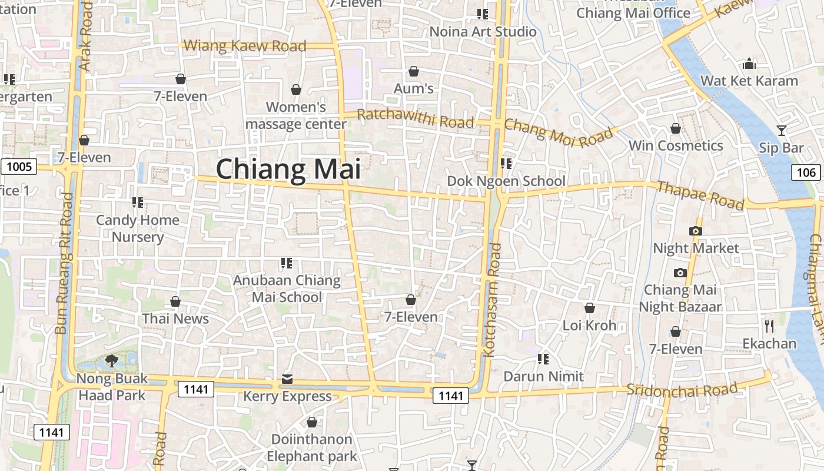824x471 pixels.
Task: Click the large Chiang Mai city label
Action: [288, 170]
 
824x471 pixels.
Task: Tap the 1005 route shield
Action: [19, 167]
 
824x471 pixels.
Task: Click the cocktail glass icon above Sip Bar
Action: [782, 131]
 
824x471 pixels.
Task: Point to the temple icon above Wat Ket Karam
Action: [749, 63]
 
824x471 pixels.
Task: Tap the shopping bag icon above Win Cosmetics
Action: [676, 128]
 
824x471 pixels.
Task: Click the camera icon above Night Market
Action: [696, 231]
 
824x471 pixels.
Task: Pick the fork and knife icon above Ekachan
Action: [769, 326]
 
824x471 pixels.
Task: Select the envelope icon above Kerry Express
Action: [287, 379]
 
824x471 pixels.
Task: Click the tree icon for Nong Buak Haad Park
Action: [111, 361]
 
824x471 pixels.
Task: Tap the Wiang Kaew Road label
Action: [245, 46]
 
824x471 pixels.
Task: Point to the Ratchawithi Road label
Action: [416, 118]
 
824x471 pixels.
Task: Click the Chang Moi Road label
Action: [559, 132]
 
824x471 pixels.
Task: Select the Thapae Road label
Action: [700, 195]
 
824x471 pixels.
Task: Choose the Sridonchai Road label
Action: [682, 389]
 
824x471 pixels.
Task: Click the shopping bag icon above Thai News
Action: [175, 302]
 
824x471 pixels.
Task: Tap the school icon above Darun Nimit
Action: [543, 359]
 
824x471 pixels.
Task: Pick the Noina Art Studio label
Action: [483, 32]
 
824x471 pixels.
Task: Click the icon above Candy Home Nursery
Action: [138, 203]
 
